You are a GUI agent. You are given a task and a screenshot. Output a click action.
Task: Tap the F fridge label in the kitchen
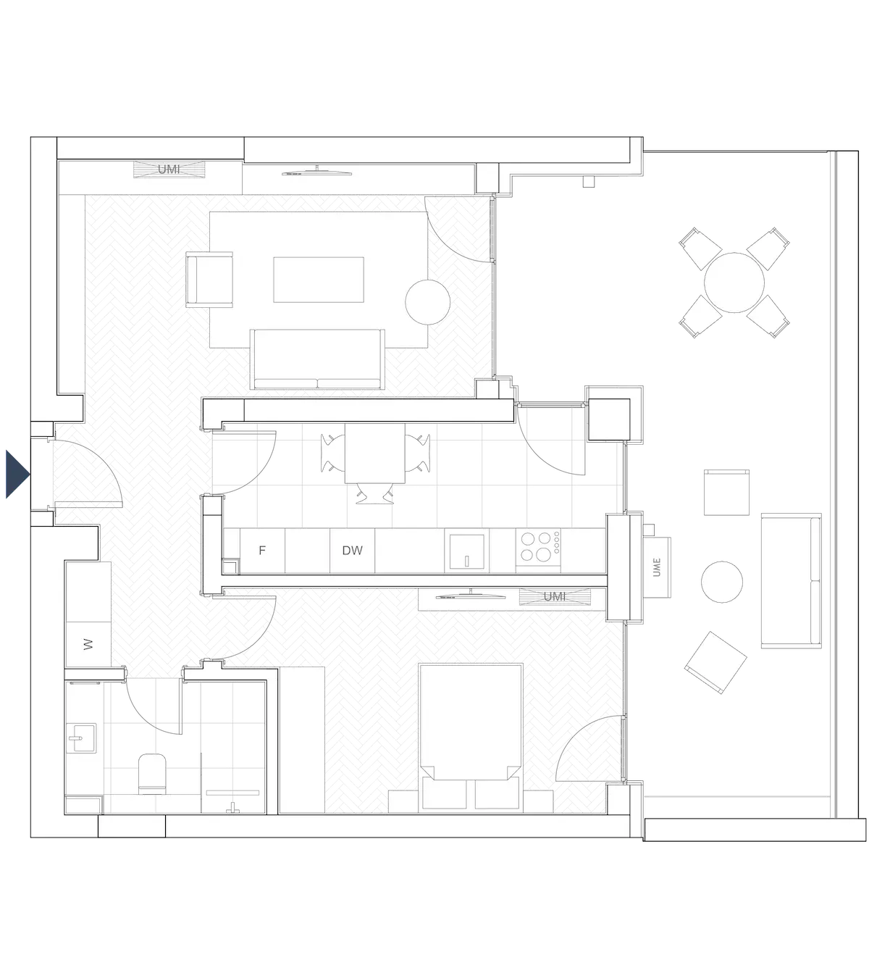262,551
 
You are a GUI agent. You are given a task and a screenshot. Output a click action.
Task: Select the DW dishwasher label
352,551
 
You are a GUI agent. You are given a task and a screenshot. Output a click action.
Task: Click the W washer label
88,644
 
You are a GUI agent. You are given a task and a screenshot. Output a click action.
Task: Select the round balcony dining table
734,282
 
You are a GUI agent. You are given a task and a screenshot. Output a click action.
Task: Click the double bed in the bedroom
471,732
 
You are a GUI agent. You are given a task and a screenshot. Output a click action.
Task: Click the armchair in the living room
210,279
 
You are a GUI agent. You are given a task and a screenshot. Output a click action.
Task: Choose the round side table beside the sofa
428,301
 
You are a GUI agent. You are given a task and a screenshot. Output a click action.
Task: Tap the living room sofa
317,359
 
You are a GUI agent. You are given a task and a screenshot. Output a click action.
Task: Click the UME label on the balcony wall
658,567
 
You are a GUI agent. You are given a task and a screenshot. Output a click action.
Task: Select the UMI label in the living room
169,170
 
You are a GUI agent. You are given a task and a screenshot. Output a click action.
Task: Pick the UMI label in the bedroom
554,596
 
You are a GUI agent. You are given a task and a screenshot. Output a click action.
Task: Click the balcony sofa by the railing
791,579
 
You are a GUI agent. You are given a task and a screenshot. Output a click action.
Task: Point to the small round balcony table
722,582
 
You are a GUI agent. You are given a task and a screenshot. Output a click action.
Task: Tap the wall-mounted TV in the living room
316,172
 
